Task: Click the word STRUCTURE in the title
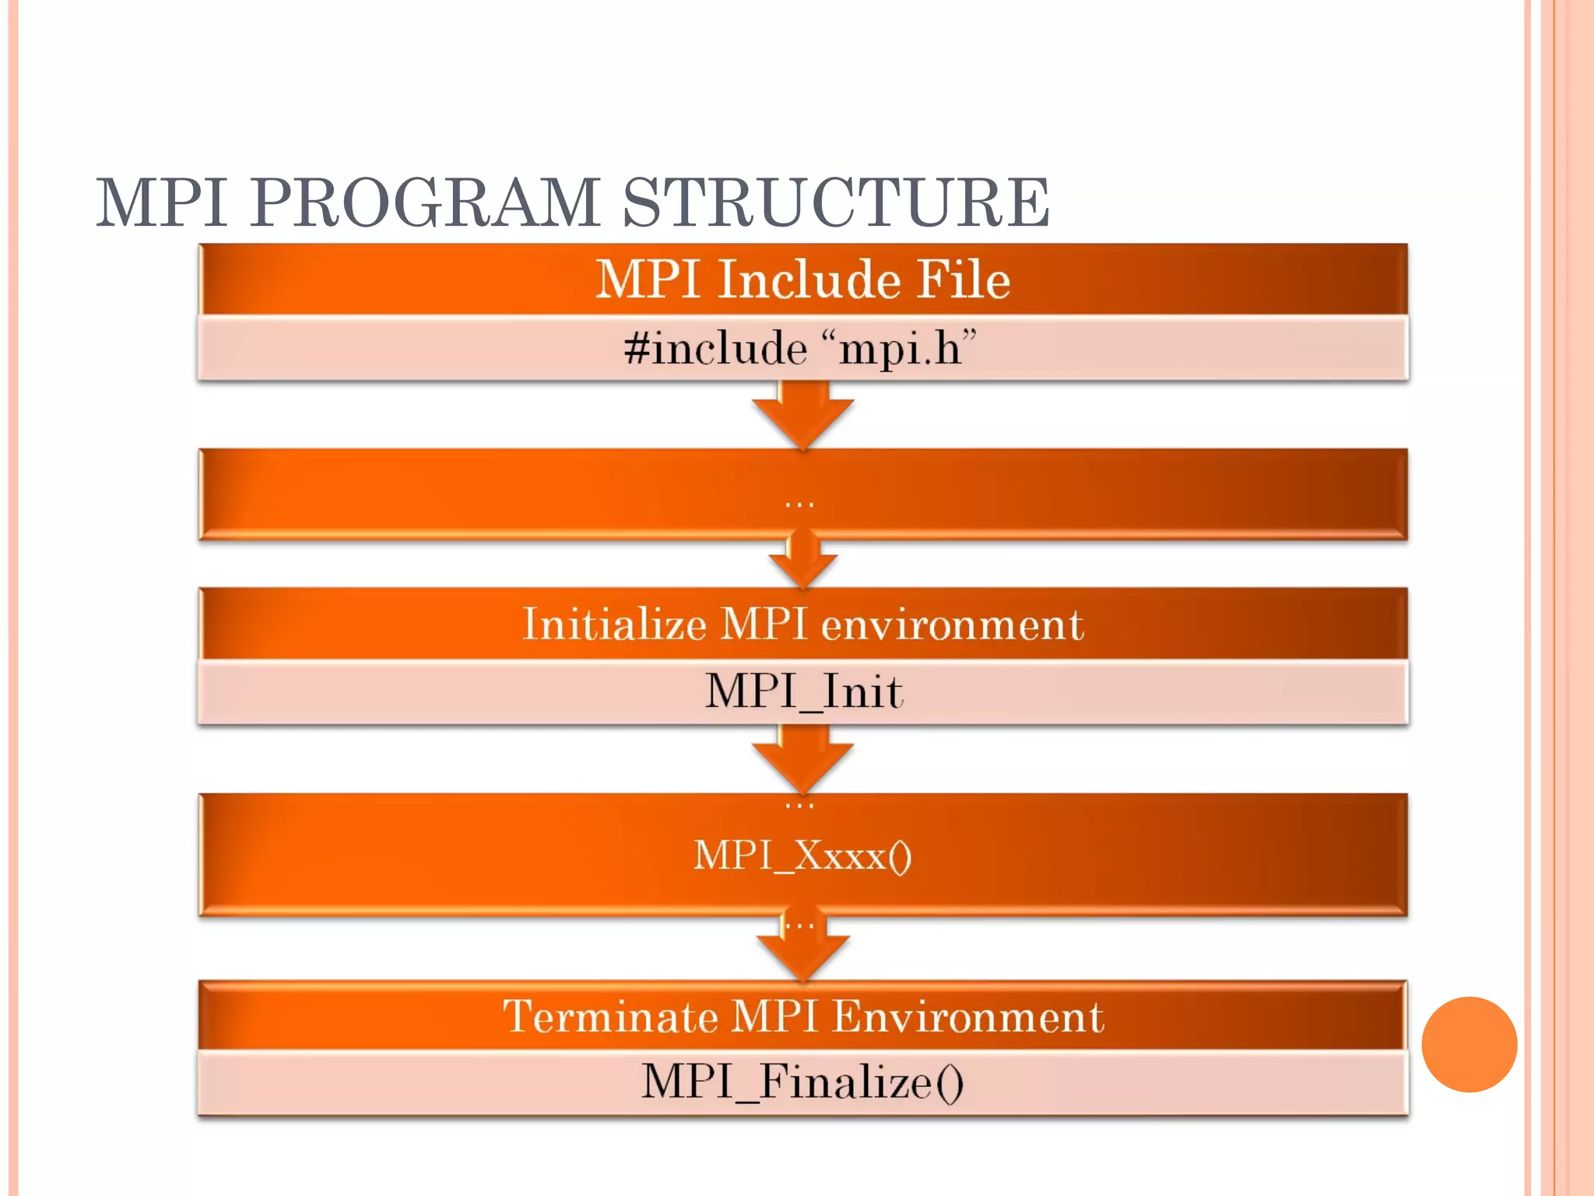coord(836,202)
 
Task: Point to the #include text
coord(714,348)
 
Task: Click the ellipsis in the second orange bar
coord(799,504)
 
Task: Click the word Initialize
coord(614,624)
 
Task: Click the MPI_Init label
coord(803,691)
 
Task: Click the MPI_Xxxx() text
coord(802,856)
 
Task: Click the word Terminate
coord(610,1017)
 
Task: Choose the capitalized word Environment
coord(968,1017)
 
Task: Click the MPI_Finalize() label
coord(802,1082)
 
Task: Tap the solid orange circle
coord(1469,1044)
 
